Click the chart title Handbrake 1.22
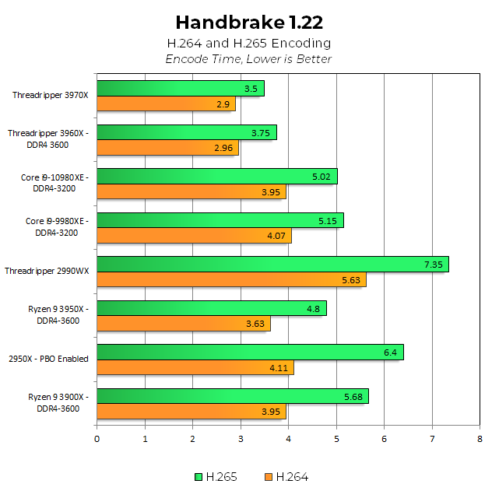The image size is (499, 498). (249, 22)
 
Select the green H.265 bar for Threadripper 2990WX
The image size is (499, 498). (272, 265)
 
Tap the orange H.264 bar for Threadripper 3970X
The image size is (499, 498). (166, 103)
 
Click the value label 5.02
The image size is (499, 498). (322, 177)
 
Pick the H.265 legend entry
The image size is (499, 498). (217, 476)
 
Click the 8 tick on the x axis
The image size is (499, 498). (480, 439)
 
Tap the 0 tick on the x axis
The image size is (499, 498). (97, 439)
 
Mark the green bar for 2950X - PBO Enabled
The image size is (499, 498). (250, 352)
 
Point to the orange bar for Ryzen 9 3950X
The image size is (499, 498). (184, 323)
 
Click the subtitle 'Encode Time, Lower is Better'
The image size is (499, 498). (249, 59)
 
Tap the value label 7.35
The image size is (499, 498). (433, 265)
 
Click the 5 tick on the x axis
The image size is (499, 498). (336, 439)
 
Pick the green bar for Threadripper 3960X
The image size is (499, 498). (187, 133)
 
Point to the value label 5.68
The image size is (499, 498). (353, 396)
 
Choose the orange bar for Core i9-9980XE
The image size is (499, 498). (194, 235)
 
